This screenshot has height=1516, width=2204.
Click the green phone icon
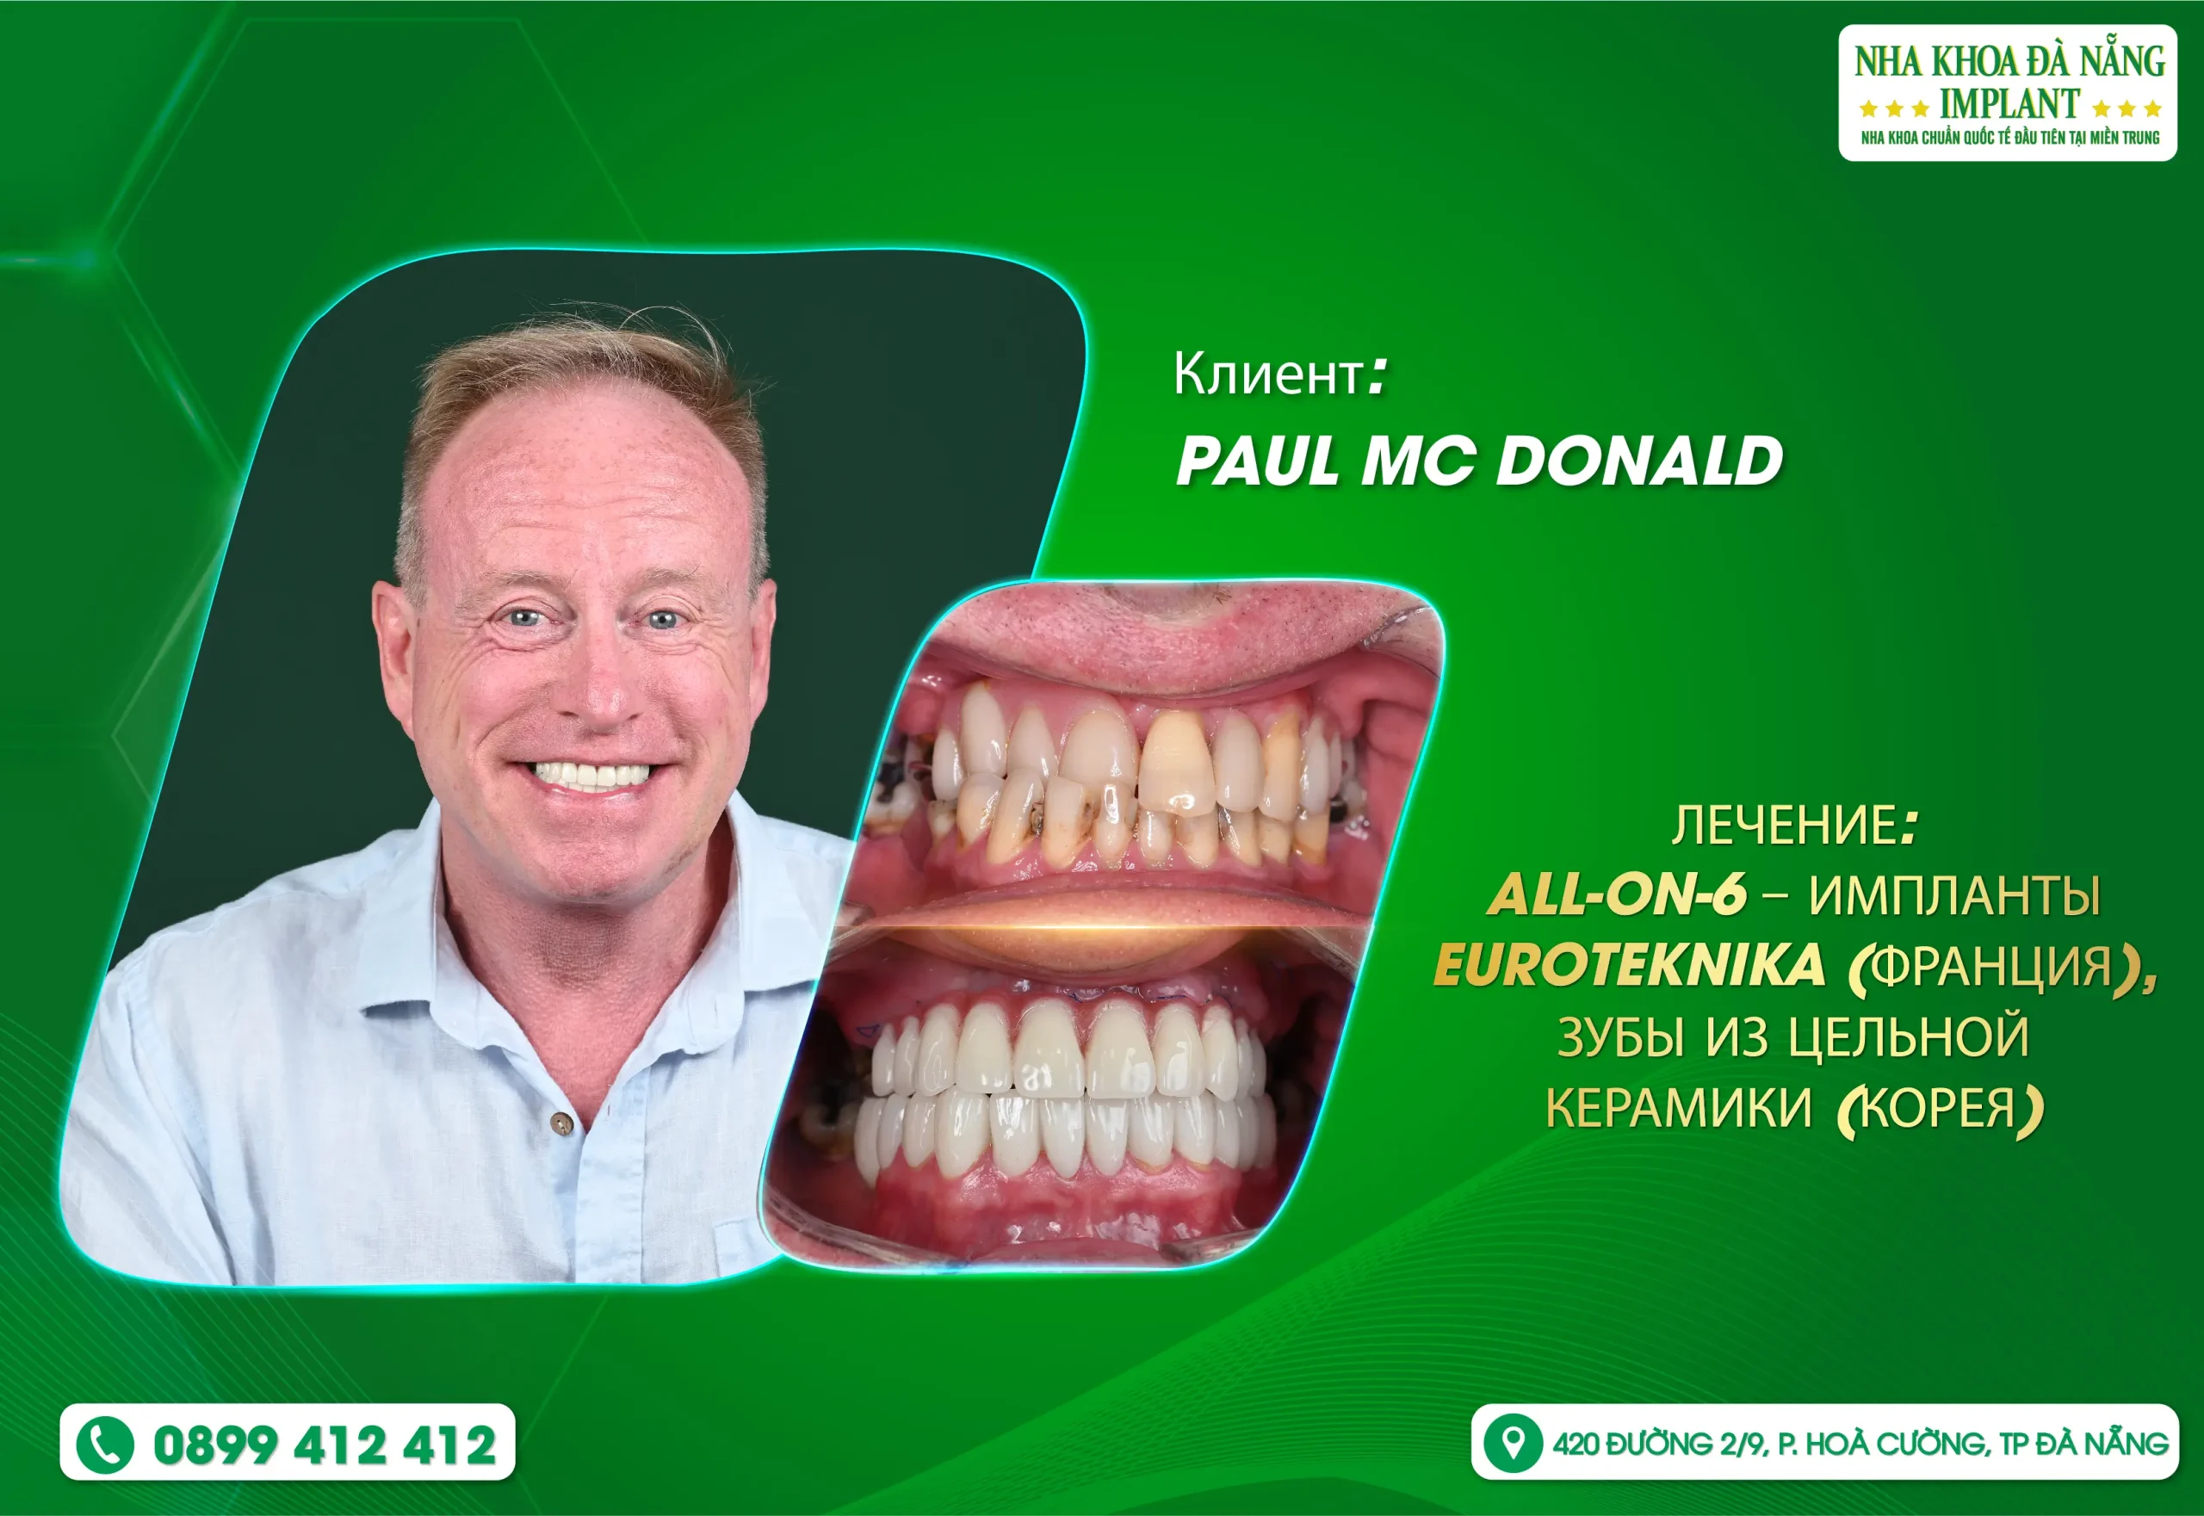104,1445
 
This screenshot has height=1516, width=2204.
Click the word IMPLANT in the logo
2009,103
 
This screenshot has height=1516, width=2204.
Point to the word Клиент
1268,374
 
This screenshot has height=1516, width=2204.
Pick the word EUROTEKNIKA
1629,965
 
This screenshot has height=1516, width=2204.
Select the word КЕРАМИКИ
1679,1108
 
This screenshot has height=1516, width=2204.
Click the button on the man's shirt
562,1123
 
